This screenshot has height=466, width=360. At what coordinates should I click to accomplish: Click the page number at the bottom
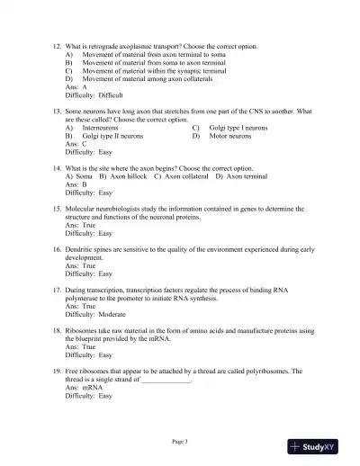(180, 441)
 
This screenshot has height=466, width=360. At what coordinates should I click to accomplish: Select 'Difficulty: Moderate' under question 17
(96, 315)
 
